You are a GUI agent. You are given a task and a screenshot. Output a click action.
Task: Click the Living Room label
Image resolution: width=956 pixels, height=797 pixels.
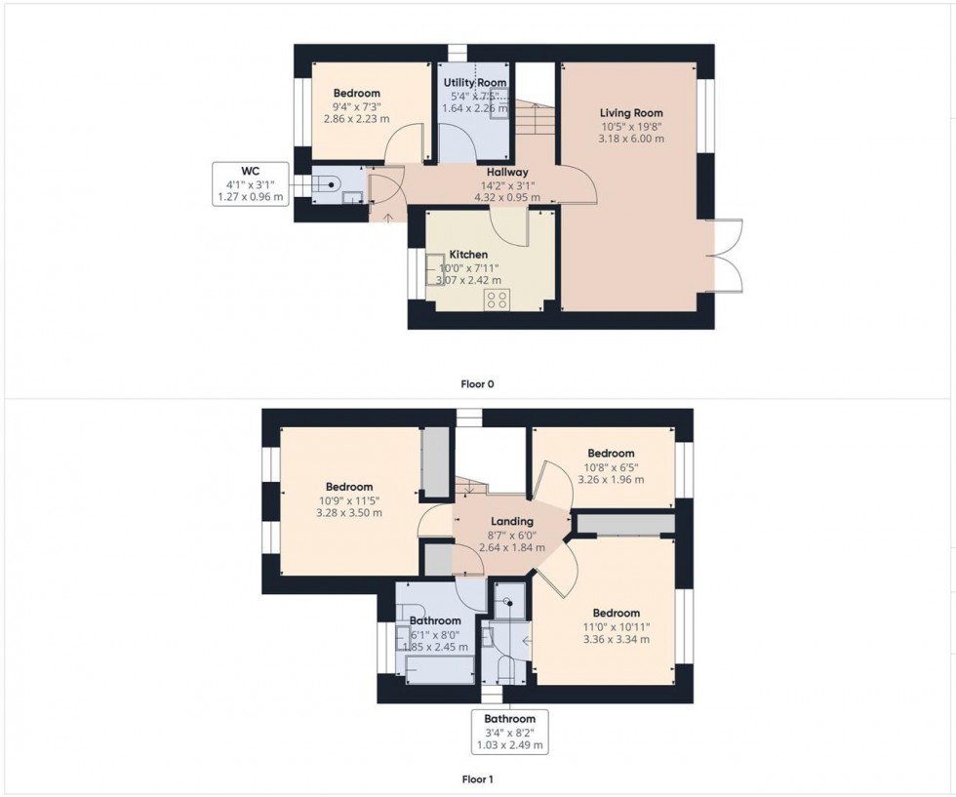[x=631, y=113]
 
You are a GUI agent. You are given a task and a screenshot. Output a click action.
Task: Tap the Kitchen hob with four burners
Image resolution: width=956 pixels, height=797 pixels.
[x=497, y=300]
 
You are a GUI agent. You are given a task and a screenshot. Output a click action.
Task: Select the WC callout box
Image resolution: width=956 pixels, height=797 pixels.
[x=251, y=183]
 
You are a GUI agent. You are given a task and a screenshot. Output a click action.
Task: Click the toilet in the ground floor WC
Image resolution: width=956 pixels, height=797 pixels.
[x=328, y=183]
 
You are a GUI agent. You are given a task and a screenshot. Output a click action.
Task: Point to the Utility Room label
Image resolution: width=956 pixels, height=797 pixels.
[x=475, y=82]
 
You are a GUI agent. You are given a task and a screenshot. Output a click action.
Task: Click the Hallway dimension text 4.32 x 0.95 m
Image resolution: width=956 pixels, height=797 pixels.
[x=507, y=198]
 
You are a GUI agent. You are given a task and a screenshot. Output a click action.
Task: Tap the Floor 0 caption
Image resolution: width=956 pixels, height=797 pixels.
[x=477, y=384]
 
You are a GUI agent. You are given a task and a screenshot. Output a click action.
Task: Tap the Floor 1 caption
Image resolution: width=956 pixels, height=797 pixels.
[x=477, y=779]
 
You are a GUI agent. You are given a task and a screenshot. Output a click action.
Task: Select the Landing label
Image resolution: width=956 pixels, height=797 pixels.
[x=512, y=521]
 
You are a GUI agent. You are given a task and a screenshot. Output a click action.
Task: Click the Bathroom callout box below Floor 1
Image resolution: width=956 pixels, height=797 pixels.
[x=509, y=732]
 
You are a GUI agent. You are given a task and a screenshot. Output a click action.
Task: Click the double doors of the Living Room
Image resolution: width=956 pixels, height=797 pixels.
[x=724, y=256]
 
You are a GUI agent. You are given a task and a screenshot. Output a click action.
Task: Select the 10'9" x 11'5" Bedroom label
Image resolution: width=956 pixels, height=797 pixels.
[x=349, y=487]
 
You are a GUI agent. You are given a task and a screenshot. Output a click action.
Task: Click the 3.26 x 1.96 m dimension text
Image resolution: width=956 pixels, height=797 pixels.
[x=611, y=479]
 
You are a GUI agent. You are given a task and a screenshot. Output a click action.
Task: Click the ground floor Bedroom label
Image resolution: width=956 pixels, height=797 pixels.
[x=357, y=94]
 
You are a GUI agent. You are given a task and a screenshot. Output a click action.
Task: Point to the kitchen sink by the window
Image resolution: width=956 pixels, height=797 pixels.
[x=433, y=264]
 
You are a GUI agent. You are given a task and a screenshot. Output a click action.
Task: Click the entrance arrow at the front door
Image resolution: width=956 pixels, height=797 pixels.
[x=388, y=218]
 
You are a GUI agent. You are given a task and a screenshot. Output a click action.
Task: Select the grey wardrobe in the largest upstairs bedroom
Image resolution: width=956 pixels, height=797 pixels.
[x=435, y=462]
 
